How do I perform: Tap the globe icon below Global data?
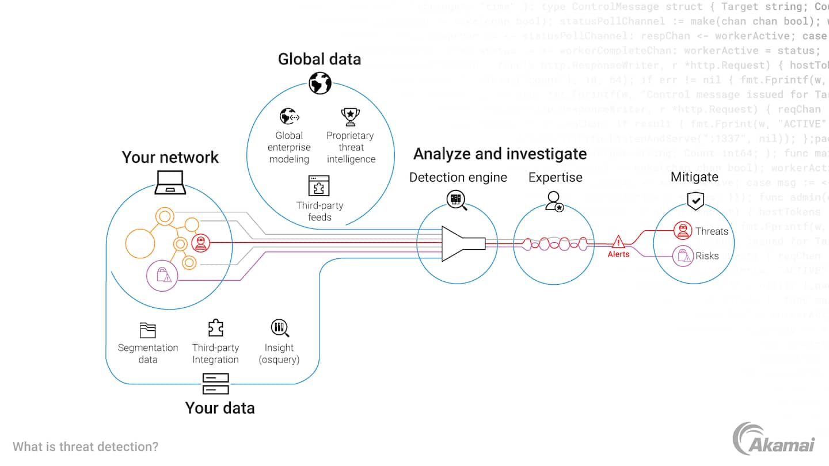click(320, 83)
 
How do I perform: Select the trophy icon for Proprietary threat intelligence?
click(350, 116)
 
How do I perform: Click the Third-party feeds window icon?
click(319, 186)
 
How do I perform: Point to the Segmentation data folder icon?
click(148, 330)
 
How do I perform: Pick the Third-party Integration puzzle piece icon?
click(215, 328)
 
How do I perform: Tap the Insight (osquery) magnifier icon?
click(280, 329)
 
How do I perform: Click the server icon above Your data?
click(216, 384)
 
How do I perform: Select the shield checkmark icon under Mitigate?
click(695, 200)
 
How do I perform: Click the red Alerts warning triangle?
click(619, 241)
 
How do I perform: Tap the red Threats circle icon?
click(683, 231)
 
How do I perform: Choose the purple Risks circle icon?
click(683, 256)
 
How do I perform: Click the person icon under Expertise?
click(554, 201)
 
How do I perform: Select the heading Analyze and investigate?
click(500, 154)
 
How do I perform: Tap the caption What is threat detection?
click(85, 446)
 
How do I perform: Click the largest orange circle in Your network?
click(140, 243)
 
